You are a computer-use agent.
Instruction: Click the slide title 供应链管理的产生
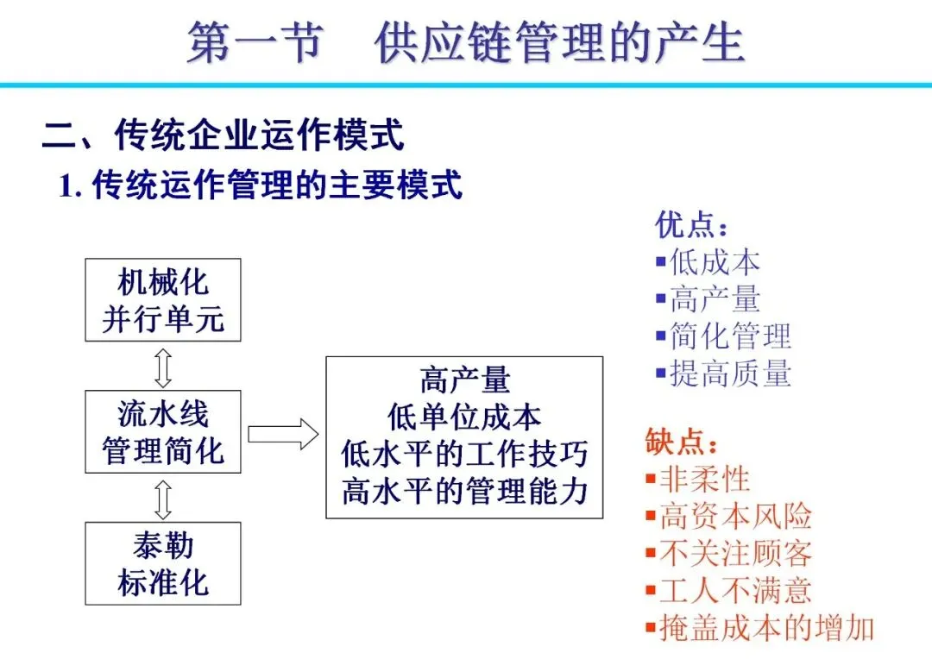click(559, 43)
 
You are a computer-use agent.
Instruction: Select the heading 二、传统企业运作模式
click(224, 135)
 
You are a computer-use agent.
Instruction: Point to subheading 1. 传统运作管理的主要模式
click(261, 185)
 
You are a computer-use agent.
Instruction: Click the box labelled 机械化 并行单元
click(163, 300)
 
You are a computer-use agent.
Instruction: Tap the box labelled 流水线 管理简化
click(163, 431)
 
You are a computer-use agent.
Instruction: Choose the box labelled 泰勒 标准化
click(163, 563)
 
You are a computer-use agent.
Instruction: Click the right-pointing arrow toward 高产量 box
click(283, 433)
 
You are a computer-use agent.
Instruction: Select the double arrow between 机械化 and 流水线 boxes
click(163, 367)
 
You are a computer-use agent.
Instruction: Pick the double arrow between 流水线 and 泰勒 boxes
click(163, 498)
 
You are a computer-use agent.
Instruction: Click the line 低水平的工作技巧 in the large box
click(464, 455)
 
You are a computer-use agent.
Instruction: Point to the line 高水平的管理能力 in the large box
click(464, 492)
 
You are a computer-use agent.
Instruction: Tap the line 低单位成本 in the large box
click(464, 417)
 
